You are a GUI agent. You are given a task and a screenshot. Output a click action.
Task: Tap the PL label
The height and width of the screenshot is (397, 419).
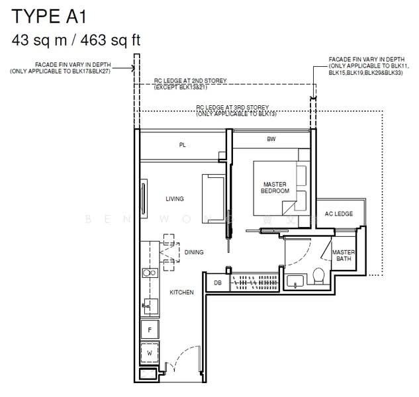pos(182,146)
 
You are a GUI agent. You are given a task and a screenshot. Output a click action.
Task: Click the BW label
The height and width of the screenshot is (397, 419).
pos(271,140)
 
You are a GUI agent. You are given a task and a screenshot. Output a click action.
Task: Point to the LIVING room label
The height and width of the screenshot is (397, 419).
pos(175,199)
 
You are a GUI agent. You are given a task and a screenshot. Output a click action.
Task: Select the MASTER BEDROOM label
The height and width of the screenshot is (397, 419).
pos(276,188)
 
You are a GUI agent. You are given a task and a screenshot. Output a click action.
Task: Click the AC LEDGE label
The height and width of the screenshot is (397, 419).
pos(338,214)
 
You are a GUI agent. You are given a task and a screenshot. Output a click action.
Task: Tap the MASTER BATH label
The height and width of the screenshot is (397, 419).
pos(344,256)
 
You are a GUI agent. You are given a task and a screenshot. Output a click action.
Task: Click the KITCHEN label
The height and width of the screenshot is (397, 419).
pos(181,292)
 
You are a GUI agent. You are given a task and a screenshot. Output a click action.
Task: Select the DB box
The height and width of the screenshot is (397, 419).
pos(217,283)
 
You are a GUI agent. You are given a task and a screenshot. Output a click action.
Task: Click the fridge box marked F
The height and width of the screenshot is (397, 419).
pos(150,329)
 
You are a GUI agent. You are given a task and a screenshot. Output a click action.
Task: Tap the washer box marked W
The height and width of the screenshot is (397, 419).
pos(150,353)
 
